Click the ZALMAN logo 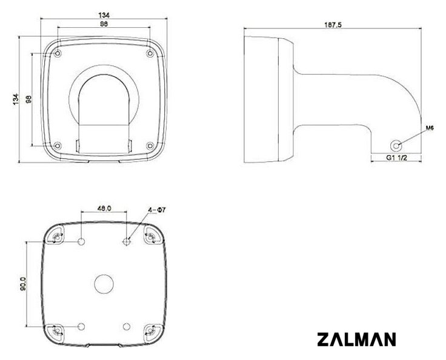[356, 339]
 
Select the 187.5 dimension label [333, 25]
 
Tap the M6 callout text [430, 128]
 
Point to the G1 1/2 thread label [396, 158]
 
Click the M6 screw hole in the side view [396, 145]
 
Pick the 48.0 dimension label [104, 208]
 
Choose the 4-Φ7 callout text [157, 210]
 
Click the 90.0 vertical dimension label [23, 284]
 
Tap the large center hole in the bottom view [104, 284]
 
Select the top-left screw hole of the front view [58, 53]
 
